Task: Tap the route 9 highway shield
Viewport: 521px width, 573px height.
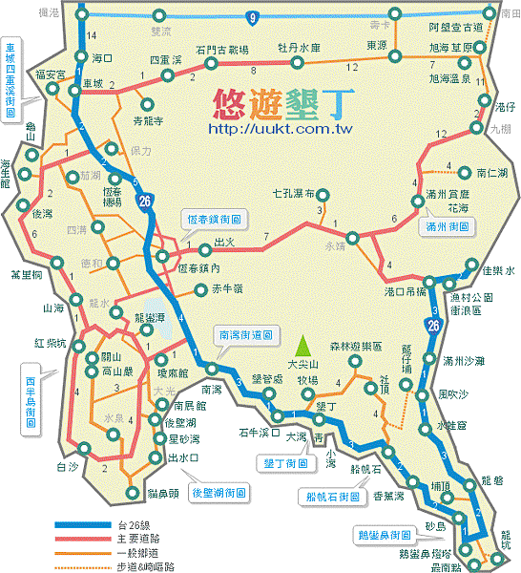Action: click(252, 16)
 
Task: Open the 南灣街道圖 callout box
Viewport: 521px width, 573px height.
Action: click(246, 335)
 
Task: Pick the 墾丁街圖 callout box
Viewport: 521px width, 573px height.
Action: click(286, 462)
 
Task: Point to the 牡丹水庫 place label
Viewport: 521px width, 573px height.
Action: click(299, 48)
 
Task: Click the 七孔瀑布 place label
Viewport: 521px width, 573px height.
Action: click(293, 193)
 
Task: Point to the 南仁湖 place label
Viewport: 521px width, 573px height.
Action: click(490, 174)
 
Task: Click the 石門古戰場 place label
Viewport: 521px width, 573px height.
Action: click(221, 50)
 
